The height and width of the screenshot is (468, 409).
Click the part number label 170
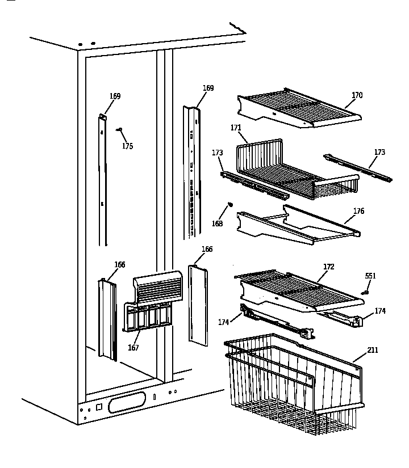(357, 95)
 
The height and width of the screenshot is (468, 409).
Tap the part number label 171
(236, 128)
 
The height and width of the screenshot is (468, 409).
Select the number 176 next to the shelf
(358, 211)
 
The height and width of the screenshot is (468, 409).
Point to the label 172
(329, 266)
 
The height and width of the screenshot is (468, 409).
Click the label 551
(370, 276)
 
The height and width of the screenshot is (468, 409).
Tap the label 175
(127, 146)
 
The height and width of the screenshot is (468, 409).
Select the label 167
(133, 348)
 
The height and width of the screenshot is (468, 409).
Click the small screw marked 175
(120, 130)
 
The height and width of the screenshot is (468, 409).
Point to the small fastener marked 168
(231, 205)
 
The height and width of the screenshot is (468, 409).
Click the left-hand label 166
(120, 265)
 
